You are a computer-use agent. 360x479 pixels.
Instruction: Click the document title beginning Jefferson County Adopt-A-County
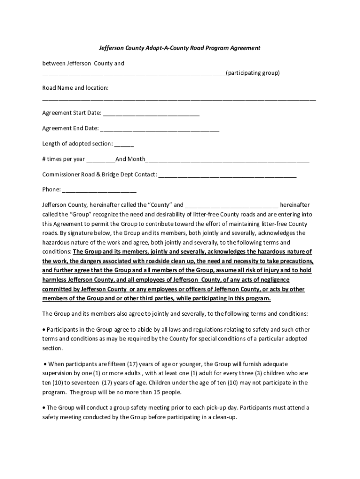point(180,48)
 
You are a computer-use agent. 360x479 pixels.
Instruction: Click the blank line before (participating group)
point(134,73)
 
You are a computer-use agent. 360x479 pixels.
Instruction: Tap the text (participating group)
point(252,73)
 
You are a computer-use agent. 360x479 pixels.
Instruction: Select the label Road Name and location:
point(75,88)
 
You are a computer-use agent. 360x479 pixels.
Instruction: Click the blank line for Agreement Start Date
point(151,114)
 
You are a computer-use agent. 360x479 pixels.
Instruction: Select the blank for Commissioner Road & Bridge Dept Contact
point(227,175)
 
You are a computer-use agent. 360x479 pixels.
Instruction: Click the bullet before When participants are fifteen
point(45,364)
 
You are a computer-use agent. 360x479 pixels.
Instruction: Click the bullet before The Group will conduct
point(44,408)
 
